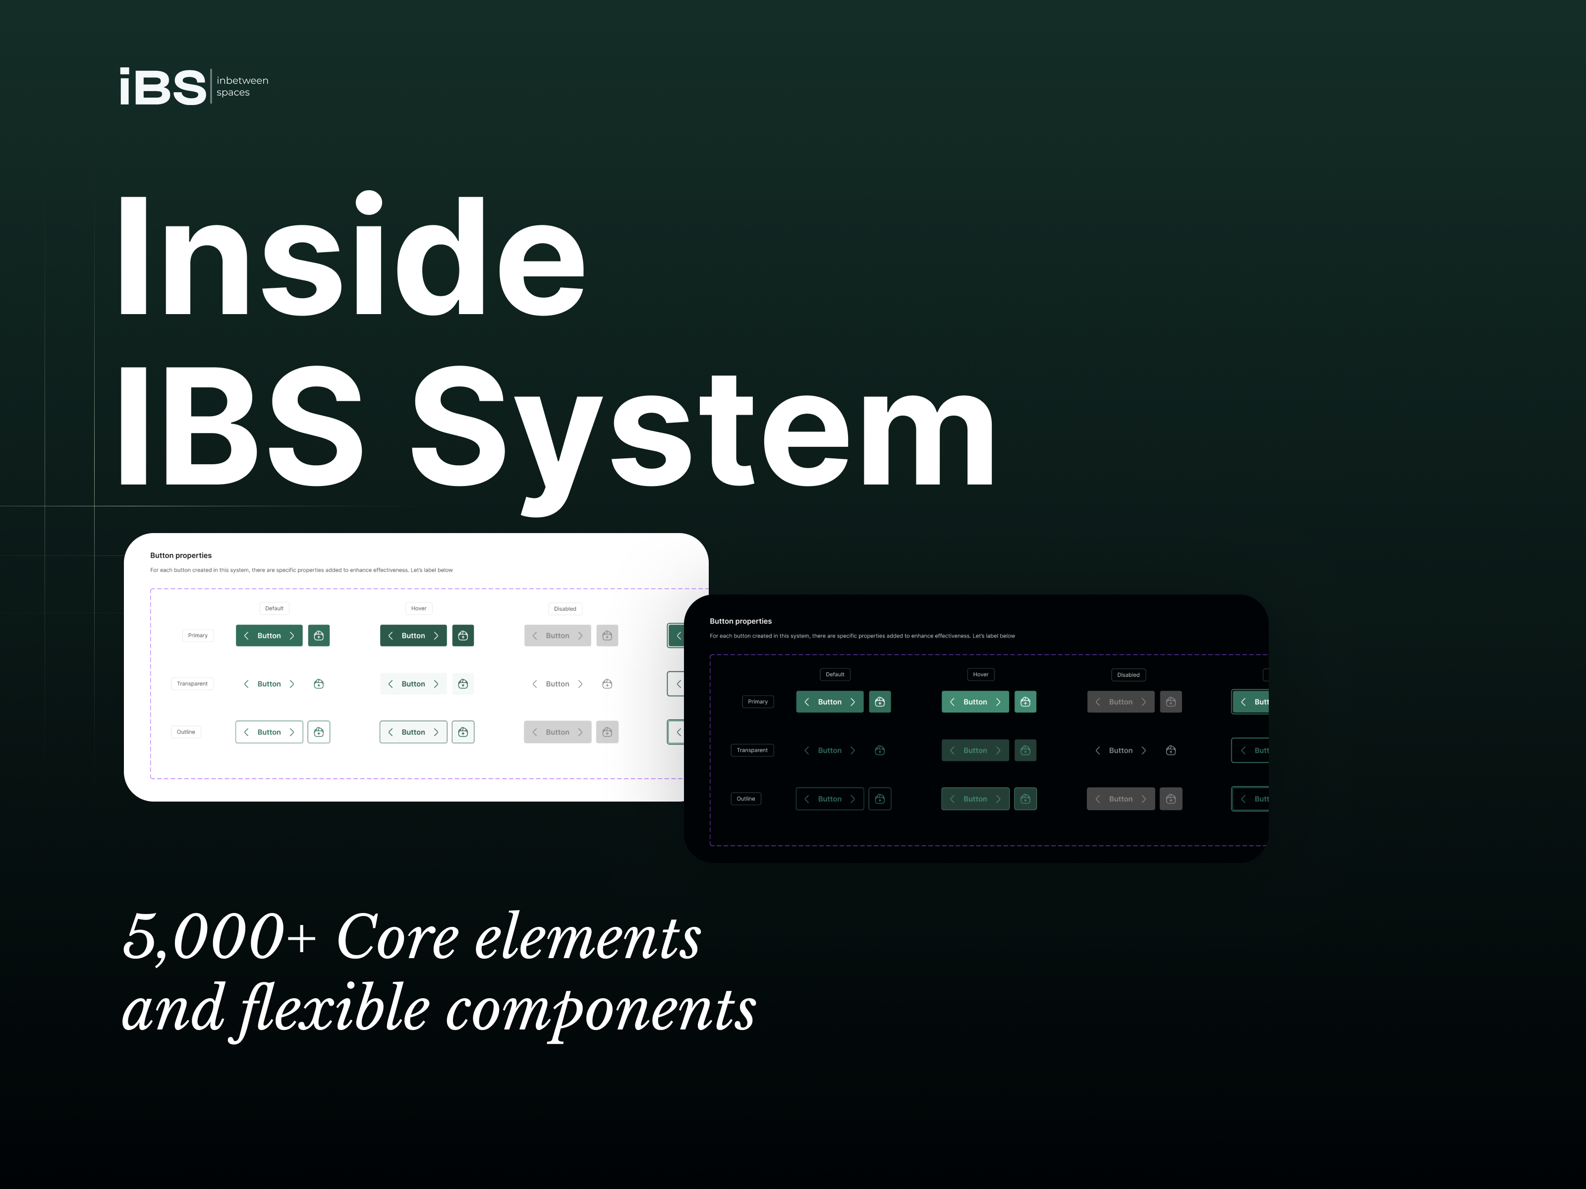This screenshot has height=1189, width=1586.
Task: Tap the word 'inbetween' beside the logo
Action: pyautogui.click(x=242, y=80)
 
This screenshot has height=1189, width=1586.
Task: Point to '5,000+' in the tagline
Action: pyautogui.click(x=219, y=937)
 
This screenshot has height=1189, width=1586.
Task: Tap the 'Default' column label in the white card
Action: pyautogui.click(x=274, y=608)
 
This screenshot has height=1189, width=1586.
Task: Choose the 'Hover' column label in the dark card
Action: pyautogui.click(x=980, y=674)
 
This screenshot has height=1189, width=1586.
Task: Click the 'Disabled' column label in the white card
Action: pyautogui.click(x=565, y=608)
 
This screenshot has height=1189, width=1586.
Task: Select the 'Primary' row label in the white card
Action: pyautogui.click(x=197, y=636)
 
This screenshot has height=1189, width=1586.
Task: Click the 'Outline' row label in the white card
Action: pyautogui.click(x=186, y=732)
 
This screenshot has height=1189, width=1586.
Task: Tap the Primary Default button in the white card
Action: pyautogui.click(x=269, y=636)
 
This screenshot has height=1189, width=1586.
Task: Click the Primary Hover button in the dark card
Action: pyautogui.click(x=974, y=702)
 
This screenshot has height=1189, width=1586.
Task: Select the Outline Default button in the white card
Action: pyautogui.click(x=269, y=732)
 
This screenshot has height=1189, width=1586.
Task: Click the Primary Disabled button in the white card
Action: pyautogui.click(x=557, y=636)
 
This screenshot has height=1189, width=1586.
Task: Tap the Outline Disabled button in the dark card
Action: pyautogui.click(x=1120, y=799)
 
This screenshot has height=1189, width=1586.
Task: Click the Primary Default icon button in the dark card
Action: pyautogui.click(x=880, y=702)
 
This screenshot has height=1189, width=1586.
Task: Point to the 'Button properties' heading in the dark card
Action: pyautogui.click(x=740, y=621)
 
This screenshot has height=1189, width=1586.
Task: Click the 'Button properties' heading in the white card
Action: pyautogui.click(x=181, y=555)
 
